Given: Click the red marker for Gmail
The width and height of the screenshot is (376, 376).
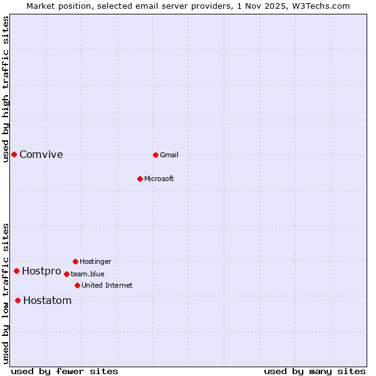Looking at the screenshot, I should (x=155, y=155).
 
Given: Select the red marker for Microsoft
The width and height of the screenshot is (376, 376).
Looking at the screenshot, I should (x=140, y=179).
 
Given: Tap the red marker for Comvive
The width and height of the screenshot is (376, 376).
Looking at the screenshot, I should (x=14, y=154).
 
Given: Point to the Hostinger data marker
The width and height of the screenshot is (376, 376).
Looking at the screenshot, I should (x=75, y=261).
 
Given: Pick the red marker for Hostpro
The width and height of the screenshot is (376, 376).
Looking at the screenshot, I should (x=16, y=271).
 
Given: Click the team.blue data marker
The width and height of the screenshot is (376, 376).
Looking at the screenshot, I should (x=66, y=274).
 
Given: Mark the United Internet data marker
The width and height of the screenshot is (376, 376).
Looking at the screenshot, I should (x=77, y=285).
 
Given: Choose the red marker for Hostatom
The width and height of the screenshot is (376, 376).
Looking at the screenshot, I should (x=18, y=300).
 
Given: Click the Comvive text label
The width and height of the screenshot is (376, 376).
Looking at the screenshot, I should (x=41, y=155).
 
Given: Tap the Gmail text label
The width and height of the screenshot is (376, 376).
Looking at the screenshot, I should (x=169, y=155).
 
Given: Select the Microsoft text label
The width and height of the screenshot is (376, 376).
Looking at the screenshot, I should (x=159, y=179).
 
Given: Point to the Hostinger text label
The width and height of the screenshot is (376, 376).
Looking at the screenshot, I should (x=95, y=261).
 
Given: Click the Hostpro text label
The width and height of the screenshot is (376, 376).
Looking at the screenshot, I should (x=41, y=271).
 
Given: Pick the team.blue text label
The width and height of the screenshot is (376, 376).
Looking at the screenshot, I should (x=88, y=274).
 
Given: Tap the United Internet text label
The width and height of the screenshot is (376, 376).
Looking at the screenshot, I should (x=107, y=285).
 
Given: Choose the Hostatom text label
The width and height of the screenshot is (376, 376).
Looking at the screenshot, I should (x=48, y=301).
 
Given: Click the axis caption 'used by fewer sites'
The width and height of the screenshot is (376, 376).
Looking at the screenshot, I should (x=65, y=372).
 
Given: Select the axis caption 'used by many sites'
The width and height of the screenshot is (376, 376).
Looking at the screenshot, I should (x=315, y=372).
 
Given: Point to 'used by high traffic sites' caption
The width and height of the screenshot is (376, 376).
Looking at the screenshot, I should (x=6, y=89).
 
